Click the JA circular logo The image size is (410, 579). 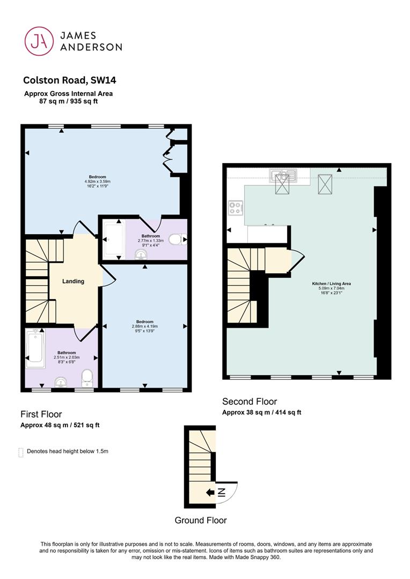(x=39, y=41)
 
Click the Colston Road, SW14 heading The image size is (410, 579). (x=70, y=80)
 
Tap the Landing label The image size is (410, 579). (x=73, y=281)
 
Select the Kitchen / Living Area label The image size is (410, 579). (x=332, y=284)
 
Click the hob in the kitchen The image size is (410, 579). (x=236, y=207)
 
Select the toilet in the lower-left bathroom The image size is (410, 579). (x=87, y=378)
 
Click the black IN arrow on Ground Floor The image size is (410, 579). (x=210, y=492)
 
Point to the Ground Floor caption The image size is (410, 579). (x=201, y=520)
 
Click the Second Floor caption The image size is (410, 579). (x=250, y=402)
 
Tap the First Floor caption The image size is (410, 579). (x=41, y=414)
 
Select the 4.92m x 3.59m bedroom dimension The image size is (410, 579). (x=98, y=181)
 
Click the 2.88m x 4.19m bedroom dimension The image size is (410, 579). (x=144, y=326)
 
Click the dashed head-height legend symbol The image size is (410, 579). (x=21, y=452)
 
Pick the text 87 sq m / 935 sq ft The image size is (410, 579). (x=68, y=101)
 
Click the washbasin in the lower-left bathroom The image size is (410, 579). (x=60, y=382)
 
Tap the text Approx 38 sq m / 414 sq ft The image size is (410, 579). (x=262, y=412)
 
